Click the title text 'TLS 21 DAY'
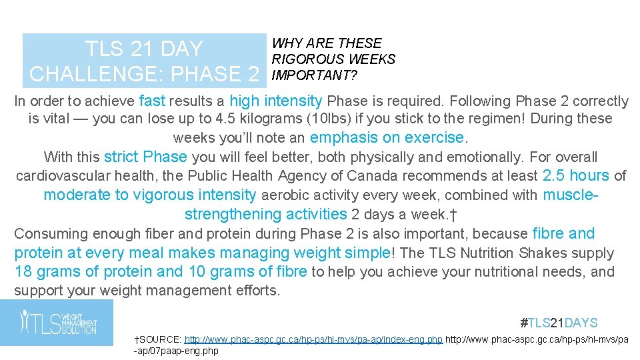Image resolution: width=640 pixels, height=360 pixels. tap(143, 49)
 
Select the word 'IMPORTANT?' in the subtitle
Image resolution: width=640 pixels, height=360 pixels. tap(314, 75)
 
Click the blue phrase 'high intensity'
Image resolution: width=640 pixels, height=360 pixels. tap(275, 101)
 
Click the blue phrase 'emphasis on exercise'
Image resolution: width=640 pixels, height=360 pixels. tap(387, 138)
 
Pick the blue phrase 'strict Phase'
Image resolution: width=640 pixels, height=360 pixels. tap(145, 157)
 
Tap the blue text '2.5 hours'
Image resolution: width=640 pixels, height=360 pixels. tap(576, 176)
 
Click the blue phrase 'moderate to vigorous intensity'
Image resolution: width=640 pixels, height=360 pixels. tap(149, 195)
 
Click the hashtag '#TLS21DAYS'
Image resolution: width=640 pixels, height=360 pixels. tap(559, 323)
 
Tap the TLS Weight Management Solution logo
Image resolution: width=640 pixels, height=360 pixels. tap(57, 323)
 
